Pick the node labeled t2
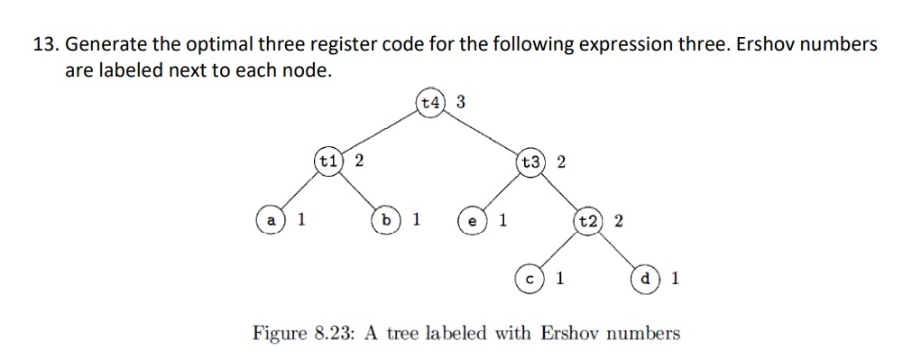pyautogui.click(x=589, y=221)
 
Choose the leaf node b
pyautogui.click(x=387, y=220)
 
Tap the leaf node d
pyautogui.click(x=646, y=279)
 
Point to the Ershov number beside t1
pyautogui.click(x=358, y=162)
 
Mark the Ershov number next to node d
pyautogui.click(x=676, y=279)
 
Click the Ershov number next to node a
pyautogui.click(x=301, y=220)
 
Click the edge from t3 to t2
pyautogui.click(x=560, y=191)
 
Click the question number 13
pyautogui.click(x=44, y=43)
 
